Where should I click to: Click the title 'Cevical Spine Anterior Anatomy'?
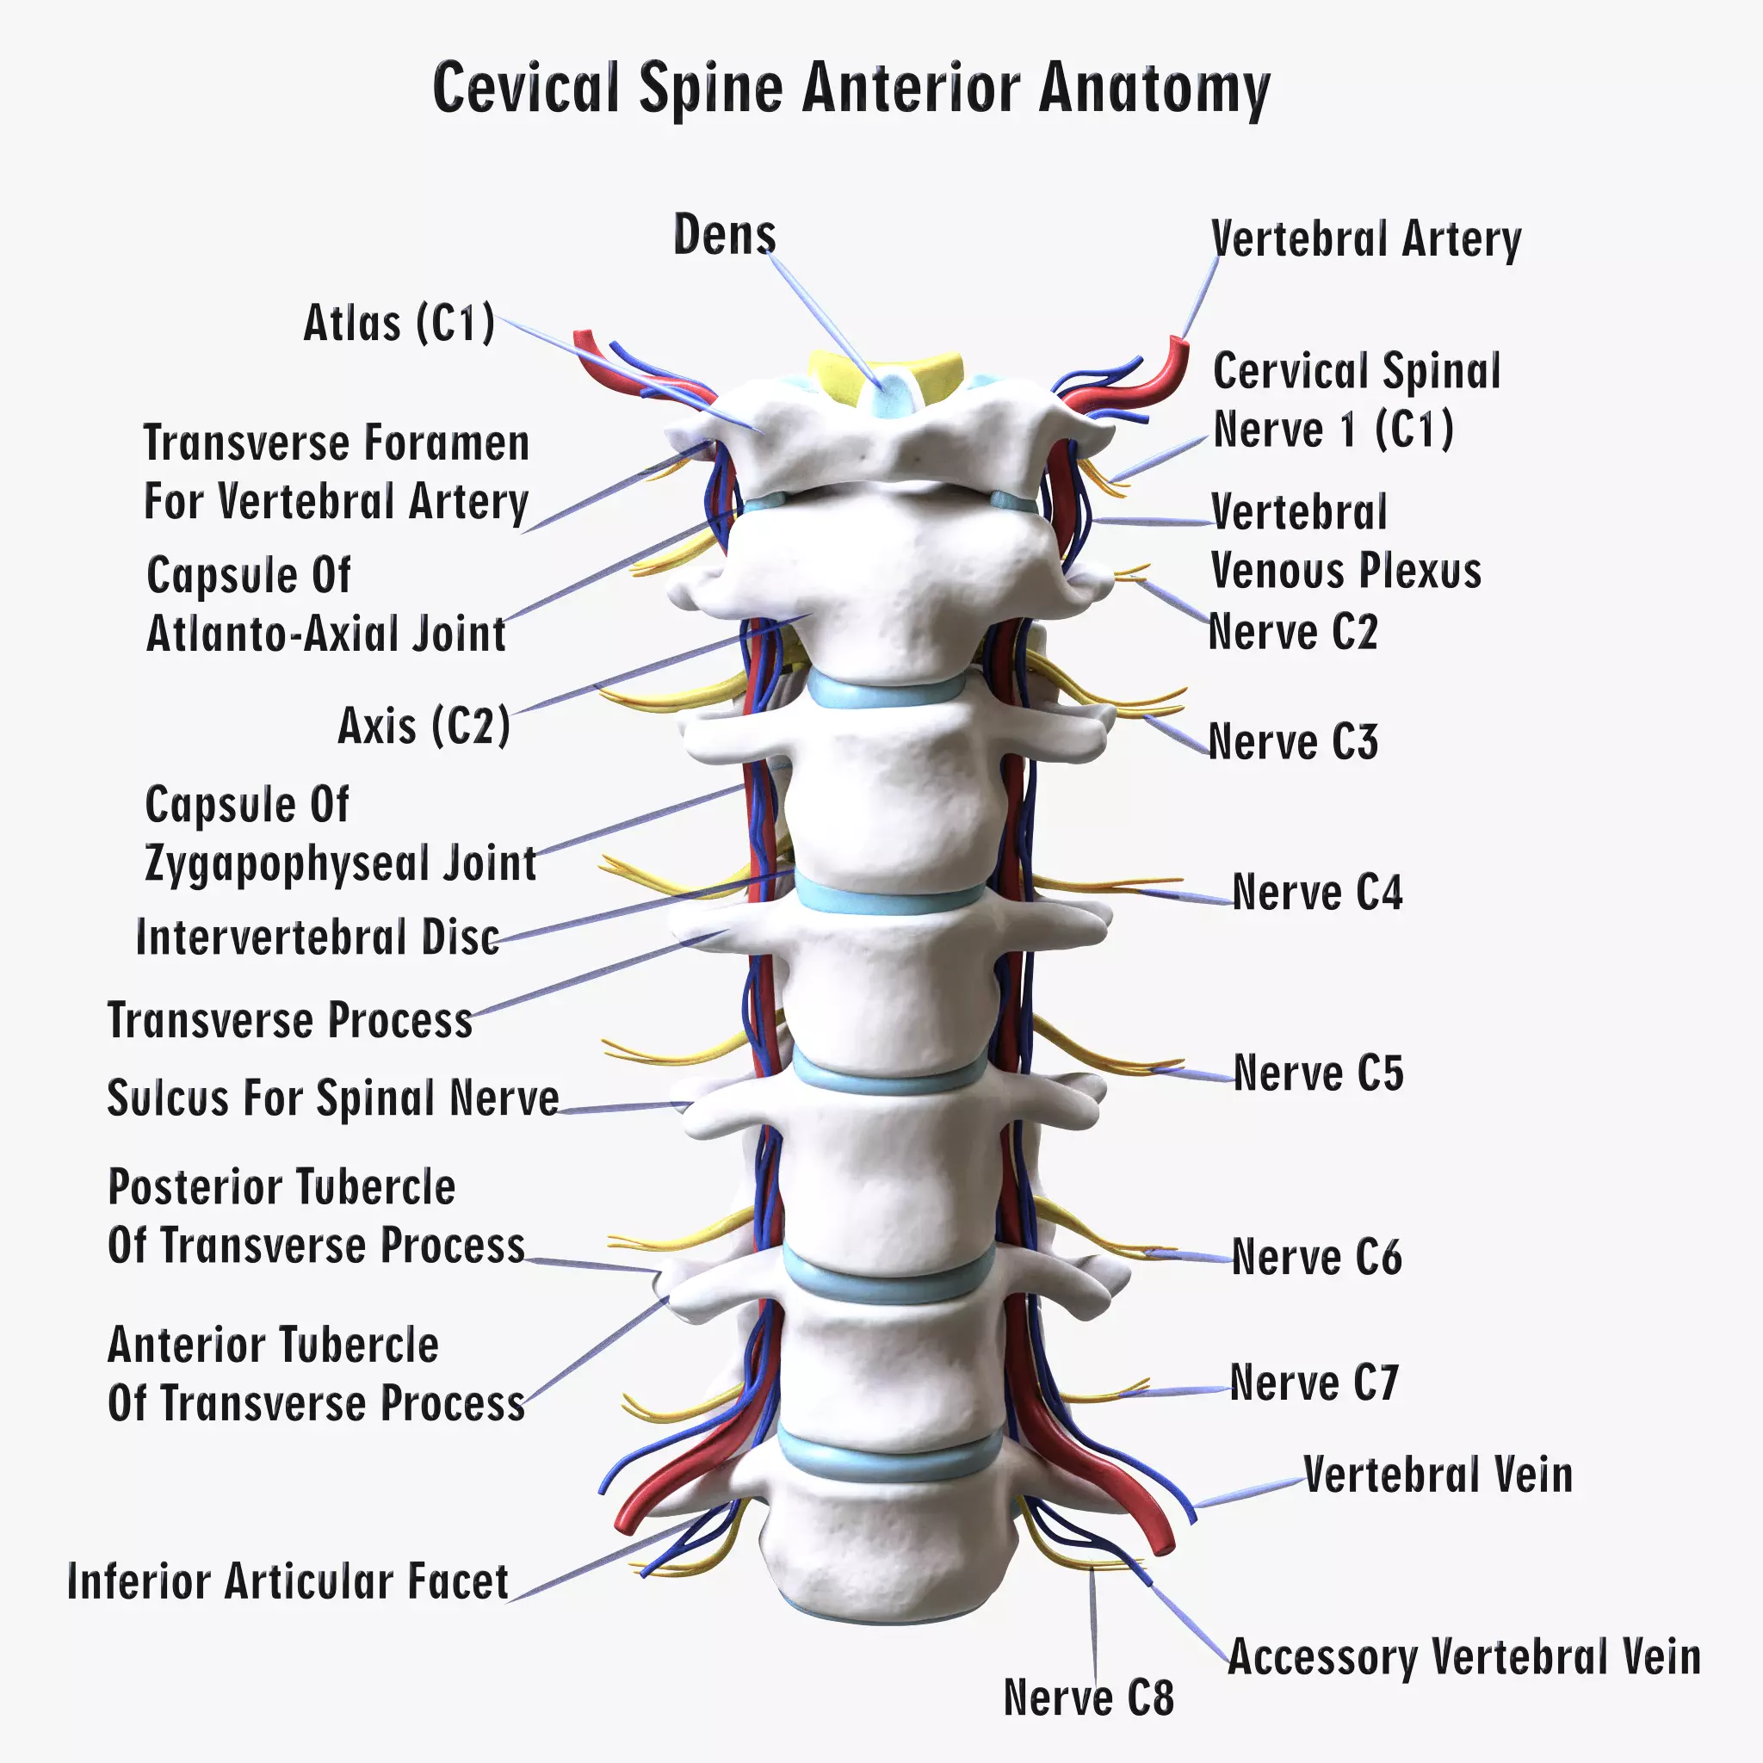point(851,89)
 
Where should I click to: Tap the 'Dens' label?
point(724,234)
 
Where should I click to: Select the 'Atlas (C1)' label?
point(399,323)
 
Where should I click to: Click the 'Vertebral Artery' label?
point(1365,240)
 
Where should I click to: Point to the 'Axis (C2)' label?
point(424,727)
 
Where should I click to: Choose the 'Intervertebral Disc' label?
point(318,937)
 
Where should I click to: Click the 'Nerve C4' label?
point(1317,893)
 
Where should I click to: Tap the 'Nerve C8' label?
point(1088,1698)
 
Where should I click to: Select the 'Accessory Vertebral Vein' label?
point(1463,1656)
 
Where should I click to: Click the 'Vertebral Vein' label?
point(1438,1475)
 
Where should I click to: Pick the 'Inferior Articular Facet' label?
point(288,1581)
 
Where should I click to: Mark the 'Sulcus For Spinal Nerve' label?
point(333,1098)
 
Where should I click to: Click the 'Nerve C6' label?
point(1316,1258)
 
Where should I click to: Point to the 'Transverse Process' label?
point(290,1020)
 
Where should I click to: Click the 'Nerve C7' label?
point(1313,1383)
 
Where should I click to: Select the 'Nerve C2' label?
point(1292,633)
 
